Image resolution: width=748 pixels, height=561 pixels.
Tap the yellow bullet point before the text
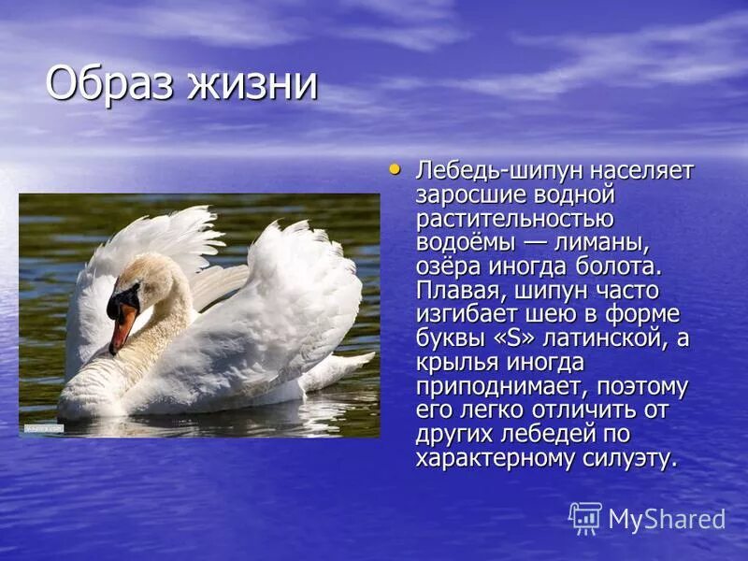[x=395, y=169]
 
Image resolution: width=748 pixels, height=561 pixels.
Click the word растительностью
[x=514, y=220]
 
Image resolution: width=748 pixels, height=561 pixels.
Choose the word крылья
[x=456, y=363]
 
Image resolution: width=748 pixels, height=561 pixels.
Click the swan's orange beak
[x=122, y=328]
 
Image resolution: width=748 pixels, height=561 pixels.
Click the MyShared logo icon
[x=585, y=518]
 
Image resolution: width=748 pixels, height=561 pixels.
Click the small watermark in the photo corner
[x=43, y=428]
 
